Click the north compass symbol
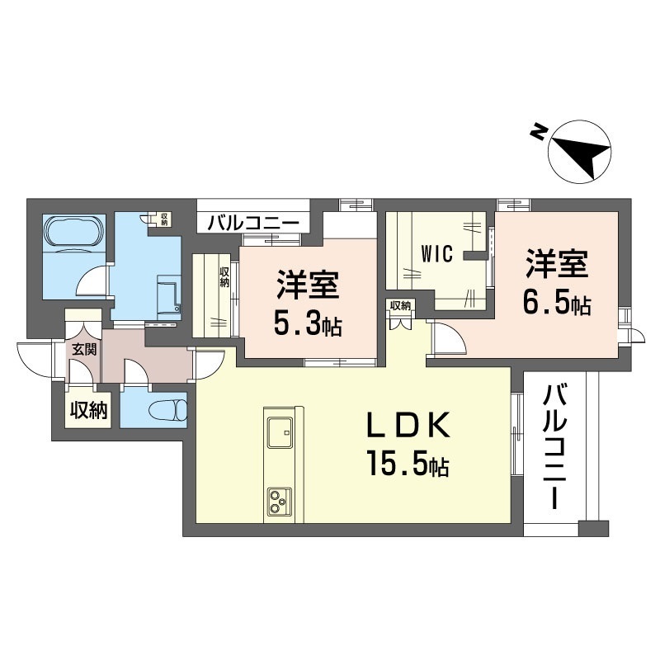(x=579, y=152)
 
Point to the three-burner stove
(x=278, y=499)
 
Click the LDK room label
(x=408, y=427)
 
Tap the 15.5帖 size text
(x=408, y=466)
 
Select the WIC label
(x=436, y=253)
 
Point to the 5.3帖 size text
(x=308, y=324)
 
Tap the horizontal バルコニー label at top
(x=252, y=223)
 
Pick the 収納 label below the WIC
(x=400, y=305)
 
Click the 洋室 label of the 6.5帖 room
(x=556, y=266)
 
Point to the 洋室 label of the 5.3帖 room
(x=307, y=287)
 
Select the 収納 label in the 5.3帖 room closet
(x=224, y=276)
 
